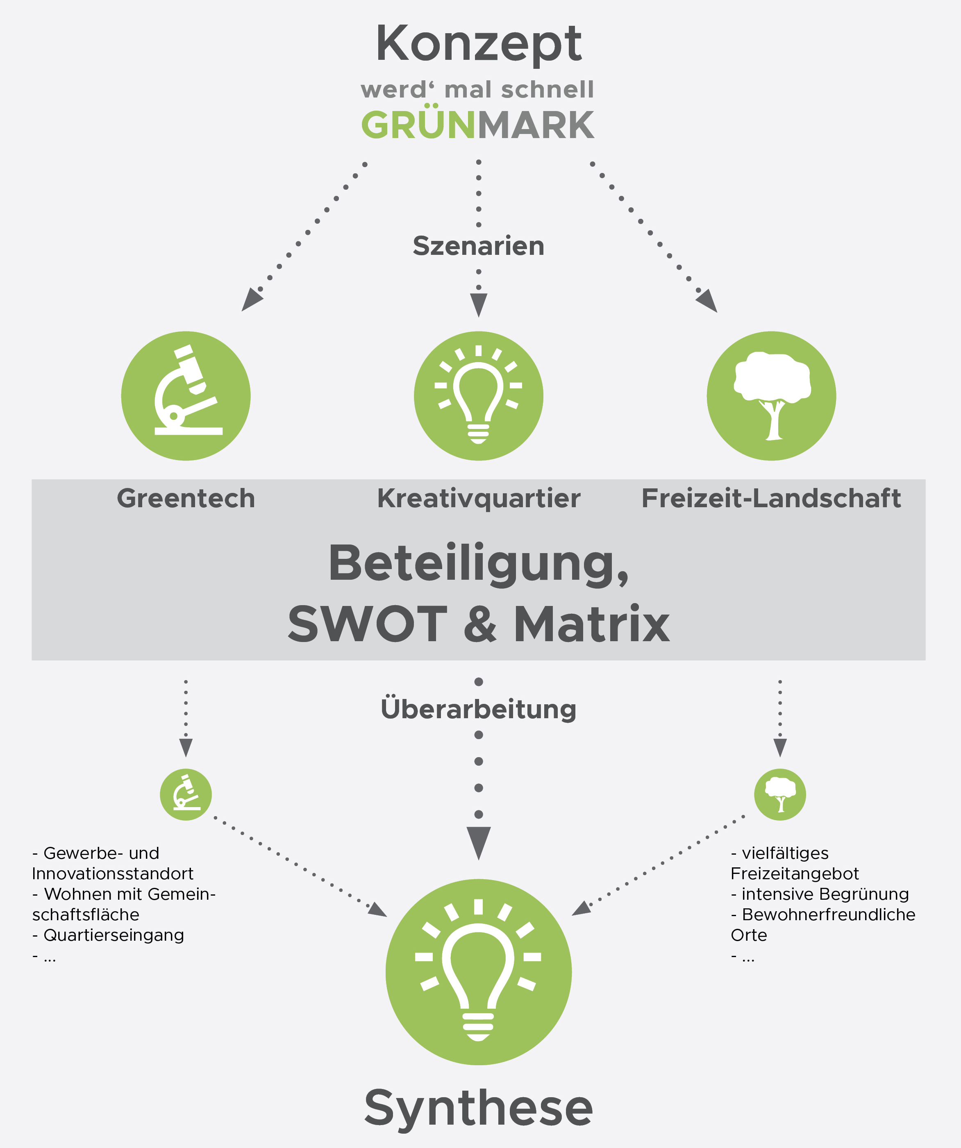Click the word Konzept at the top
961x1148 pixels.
(x=479, y=45)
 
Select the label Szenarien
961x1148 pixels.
(x=479, y=246)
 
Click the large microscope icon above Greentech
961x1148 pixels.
(x=186, y=396)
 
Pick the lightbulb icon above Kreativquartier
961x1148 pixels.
(x=479, y=396)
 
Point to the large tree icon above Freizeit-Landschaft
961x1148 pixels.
(x=771, y=396)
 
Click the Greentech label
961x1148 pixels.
(x=186, y=499)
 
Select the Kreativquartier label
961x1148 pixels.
(x=479, y=499)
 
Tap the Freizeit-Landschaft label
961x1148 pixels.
(x=771, y=499)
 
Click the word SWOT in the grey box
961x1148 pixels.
(x=368, y=624)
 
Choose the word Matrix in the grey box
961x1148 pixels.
(x=592, y=624)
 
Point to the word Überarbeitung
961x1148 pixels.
(x=479, y=709)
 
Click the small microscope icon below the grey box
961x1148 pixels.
(x=186, y=794)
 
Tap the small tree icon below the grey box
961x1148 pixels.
(x=780, y=794)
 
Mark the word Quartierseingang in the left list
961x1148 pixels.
(x=114, y=935)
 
